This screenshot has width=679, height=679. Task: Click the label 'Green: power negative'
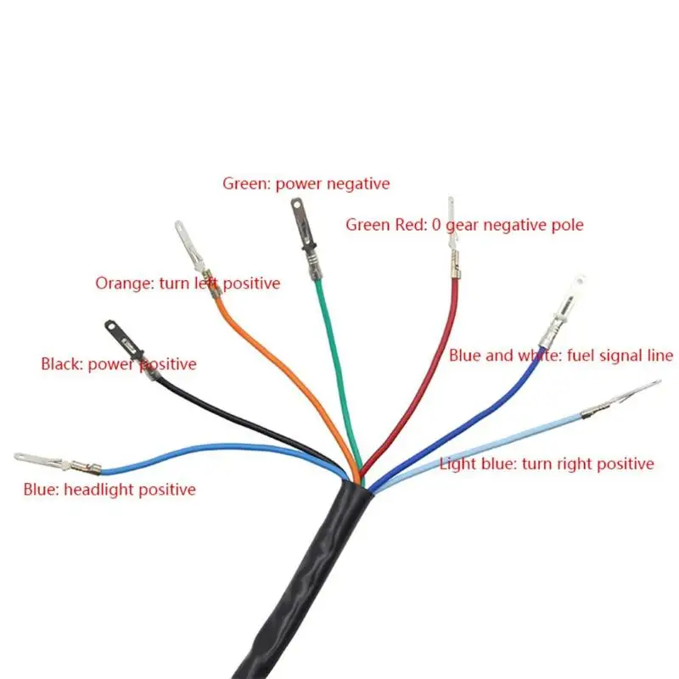[306, 183]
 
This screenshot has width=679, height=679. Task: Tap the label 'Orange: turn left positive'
[188, 283]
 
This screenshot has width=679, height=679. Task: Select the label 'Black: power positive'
[119, 364]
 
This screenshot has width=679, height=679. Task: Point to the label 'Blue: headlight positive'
[109, 490]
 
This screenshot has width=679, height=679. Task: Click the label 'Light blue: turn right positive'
[547, 463]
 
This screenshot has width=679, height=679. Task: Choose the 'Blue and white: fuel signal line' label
[561, 356]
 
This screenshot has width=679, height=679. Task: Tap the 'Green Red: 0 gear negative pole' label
[464, 225]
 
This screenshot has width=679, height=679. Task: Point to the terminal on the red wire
[453, 238]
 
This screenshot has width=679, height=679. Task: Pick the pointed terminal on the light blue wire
[620, 400]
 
